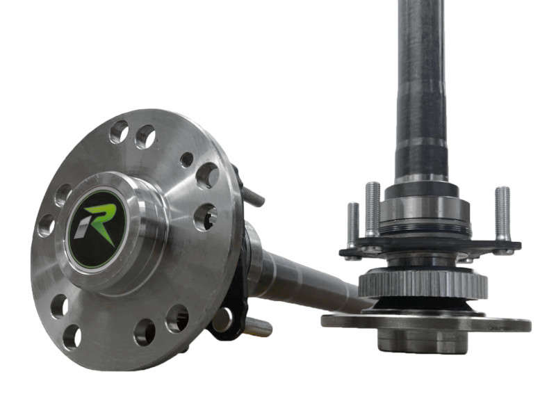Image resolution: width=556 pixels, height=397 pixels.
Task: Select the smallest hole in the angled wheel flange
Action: (x=186, y=159)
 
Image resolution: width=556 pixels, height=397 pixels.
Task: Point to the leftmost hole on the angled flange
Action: (x=46, y=225)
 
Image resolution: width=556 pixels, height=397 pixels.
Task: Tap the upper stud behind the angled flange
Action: (x=254, y=197)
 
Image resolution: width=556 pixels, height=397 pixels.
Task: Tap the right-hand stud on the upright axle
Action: (x=502, y=212)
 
